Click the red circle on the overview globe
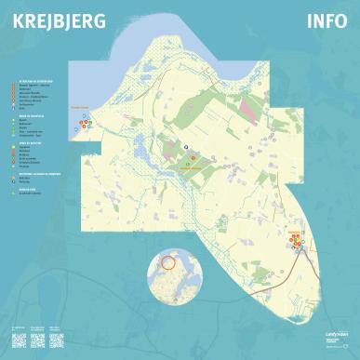168,264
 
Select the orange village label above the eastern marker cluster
294,230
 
